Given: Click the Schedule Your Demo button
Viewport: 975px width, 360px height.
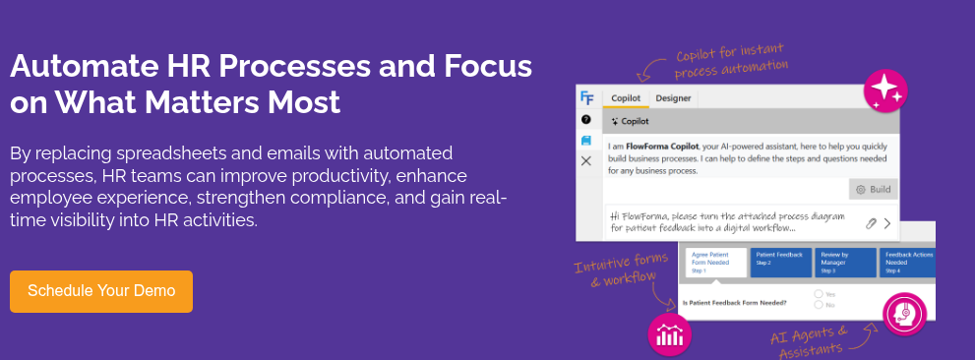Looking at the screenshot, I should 101,291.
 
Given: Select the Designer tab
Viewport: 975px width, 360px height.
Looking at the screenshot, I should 673,98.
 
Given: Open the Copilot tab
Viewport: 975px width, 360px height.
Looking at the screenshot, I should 626,98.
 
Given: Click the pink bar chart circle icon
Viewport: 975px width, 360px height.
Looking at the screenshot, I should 669,333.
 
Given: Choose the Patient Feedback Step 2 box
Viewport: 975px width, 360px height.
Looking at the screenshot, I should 781,261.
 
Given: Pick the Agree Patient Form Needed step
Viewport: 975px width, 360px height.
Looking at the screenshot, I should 715,262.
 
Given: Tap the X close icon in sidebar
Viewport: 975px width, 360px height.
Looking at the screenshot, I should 586,160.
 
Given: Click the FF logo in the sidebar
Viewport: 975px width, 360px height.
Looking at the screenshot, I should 586,97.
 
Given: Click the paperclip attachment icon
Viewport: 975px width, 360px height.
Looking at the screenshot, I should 870,223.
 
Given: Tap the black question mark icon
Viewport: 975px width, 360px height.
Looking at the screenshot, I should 586,119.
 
